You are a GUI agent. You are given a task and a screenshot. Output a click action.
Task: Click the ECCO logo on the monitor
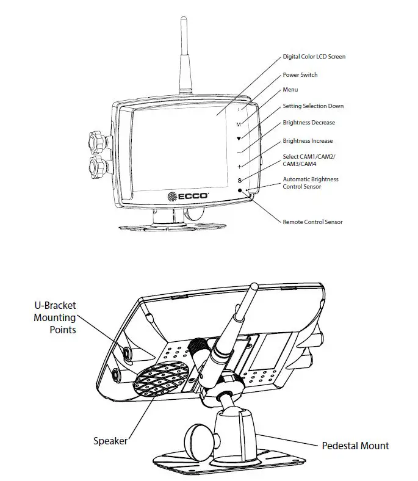tap(189, 196)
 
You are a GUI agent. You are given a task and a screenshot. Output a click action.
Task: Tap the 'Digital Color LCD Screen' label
tap(314, 57)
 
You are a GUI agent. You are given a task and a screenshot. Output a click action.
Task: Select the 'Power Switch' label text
tap(300, 75)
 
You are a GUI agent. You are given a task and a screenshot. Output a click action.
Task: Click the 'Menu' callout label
tap(290, 90)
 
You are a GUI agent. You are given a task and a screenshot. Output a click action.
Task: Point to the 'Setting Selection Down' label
tap(313, 106)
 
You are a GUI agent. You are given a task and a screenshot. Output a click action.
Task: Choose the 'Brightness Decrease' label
tap(309, 123)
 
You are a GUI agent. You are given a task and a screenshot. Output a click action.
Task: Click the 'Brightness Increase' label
tap(308, 141)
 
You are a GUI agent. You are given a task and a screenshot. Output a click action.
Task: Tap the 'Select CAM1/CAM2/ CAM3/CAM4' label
tap(309, 161)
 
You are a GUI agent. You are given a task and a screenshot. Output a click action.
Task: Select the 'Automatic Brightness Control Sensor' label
tap(310, 183)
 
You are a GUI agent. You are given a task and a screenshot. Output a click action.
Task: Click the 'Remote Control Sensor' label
tap(312, 222)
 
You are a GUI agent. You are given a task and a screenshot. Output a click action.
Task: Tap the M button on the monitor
tap(239, 124)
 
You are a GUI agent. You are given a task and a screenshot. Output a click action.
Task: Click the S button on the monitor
tap(240, 180)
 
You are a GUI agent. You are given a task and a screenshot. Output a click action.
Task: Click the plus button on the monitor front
tap(240, 166)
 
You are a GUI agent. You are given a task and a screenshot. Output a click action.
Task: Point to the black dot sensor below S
tap(240, 192)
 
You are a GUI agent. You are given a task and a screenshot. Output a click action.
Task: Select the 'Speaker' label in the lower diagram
tap(110, 440)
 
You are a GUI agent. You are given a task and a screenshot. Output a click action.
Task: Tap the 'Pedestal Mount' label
tap(355, 446)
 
